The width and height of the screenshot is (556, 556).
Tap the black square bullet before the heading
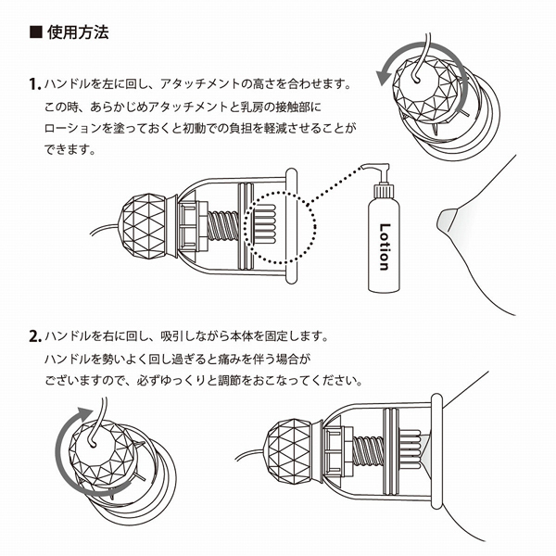pos(35,33)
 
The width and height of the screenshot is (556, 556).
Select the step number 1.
pos(33,85)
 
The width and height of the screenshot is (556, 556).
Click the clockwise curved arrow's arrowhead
pos(86,413)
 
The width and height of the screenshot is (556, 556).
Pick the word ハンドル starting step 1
pos(69,85)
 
